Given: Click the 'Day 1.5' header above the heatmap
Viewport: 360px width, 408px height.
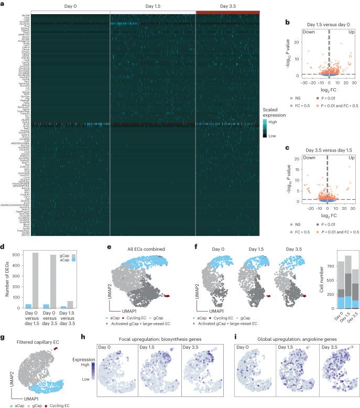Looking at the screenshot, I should [152, 6].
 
